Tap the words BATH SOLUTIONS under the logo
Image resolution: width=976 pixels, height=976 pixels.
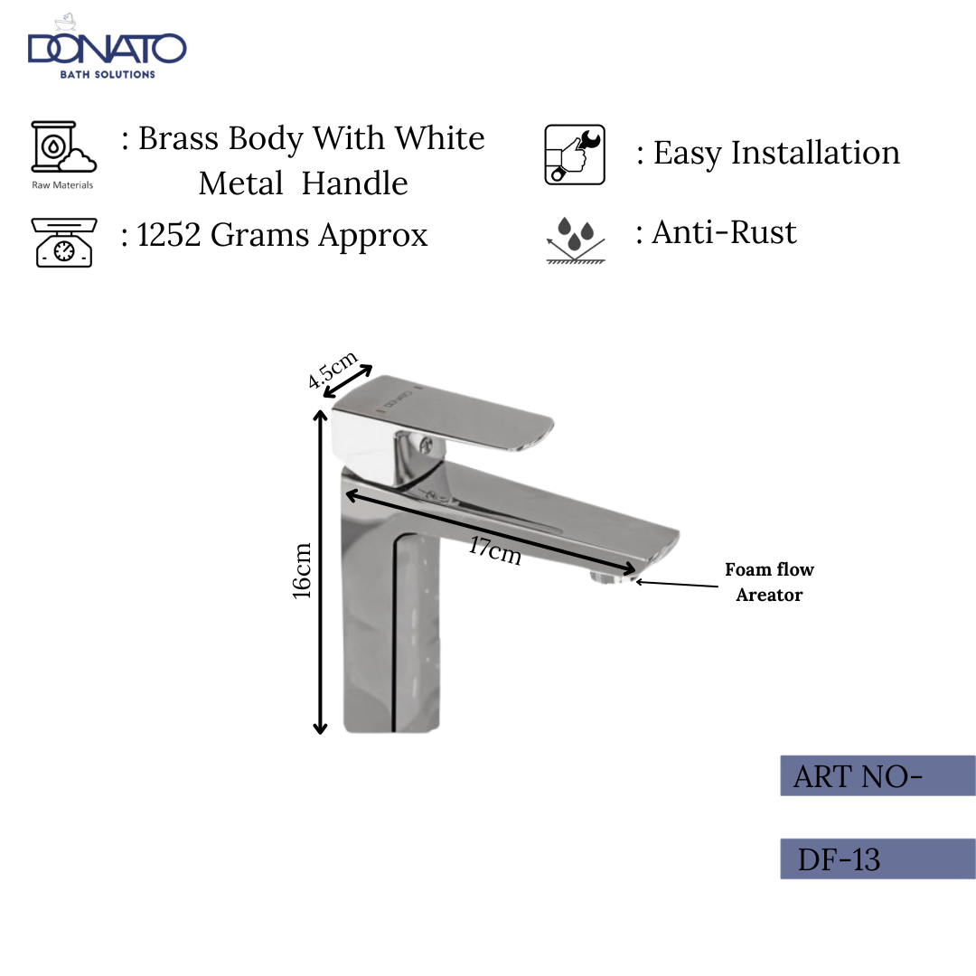pos(108,74)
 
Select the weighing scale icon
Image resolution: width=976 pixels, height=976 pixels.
pos(62,241)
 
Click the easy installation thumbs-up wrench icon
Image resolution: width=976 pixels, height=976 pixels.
pos(575,155)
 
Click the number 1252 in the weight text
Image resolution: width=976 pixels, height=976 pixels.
pos(170,236)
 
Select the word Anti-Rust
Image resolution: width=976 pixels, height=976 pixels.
pos(724,233)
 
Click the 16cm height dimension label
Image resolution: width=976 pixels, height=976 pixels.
pos(302,570)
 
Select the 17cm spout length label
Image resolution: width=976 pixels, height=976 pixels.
pos(494,549)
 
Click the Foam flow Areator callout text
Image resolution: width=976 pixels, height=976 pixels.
pos(769,582)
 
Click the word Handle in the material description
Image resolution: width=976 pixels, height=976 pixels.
pos(354,183)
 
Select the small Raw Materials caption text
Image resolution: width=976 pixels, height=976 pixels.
pos(61,185)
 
